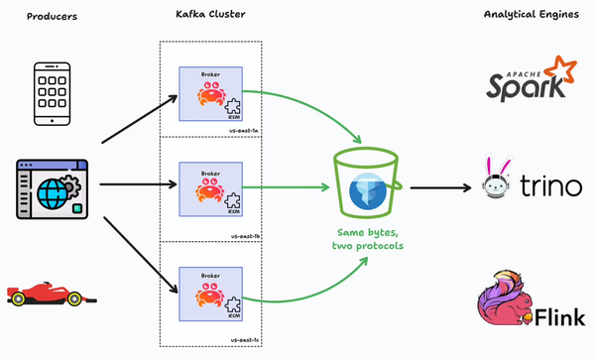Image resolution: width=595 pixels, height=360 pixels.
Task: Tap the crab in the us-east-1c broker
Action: (x=208, y=297)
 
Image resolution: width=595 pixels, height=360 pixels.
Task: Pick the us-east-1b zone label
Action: (x=243, y=235)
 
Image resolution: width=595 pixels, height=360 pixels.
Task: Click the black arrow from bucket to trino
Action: (x=439, y=186)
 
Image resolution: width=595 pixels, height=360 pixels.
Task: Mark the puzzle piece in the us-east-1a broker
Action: (x=234, y=106)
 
